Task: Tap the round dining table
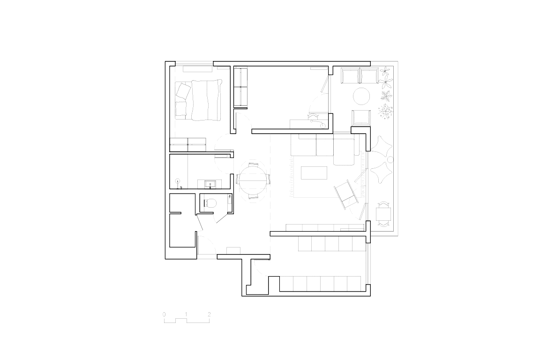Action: (253, 180)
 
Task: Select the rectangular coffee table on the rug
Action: (314, 173)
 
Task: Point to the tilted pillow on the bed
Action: (183, 91)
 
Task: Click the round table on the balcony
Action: (361, 96)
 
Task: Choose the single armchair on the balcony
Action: (360, 118)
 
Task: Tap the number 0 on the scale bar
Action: (164, 314)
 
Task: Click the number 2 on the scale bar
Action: (209, 314)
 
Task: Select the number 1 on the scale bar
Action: (186, 314)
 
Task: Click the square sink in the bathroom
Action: (210, 185)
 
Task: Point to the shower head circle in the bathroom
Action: (178, 181)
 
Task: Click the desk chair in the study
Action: (314, 118)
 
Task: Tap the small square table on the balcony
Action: (383, 214)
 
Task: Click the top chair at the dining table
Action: (253, 165)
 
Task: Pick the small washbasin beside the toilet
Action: (230, 197)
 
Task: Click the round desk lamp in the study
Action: (322, 126)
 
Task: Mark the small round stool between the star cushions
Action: (390, 160)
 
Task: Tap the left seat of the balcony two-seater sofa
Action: (350, 75)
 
